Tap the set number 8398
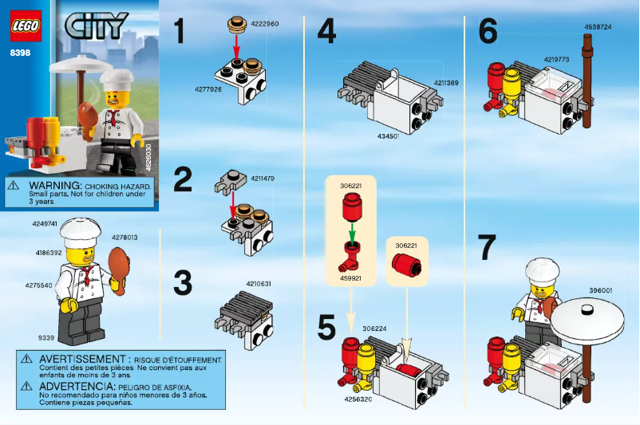pyautogui.click(x=21, y=53)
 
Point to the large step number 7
pyautogui.click(x=488, y=249)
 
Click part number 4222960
pyautogui.click(x=264, y=24)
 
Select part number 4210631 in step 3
pyautogui.click(x=259, y=283)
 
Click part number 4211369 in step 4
pyautogui.click(x=447, y=82)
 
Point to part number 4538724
pyautogui.click(x=598, y=26)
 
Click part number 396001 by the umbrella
pyautogui.click(x=600, y=290)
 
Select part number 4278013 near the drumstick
pyautogui.click(x=124, y=237)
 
